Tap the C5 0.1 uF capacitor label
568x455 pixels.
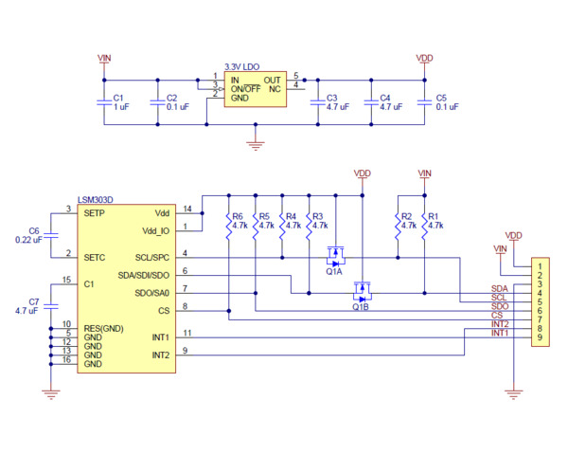447,102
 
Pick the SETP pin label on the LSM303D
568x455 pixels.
94,213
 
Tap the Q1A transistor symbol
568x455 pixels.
334,255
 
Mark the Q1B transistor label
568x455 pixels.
361,307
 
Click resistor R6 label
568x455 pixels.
237,216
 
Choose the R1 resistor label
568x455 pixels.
434,216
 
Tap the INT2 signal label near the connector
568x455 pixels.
500,323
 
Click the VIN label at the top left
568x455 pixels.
104,58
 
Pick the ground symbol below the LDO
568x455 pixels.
253,144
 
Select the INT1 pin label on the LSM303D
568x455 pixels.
159,337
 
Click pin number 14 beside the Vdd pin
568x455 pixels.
187,209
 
